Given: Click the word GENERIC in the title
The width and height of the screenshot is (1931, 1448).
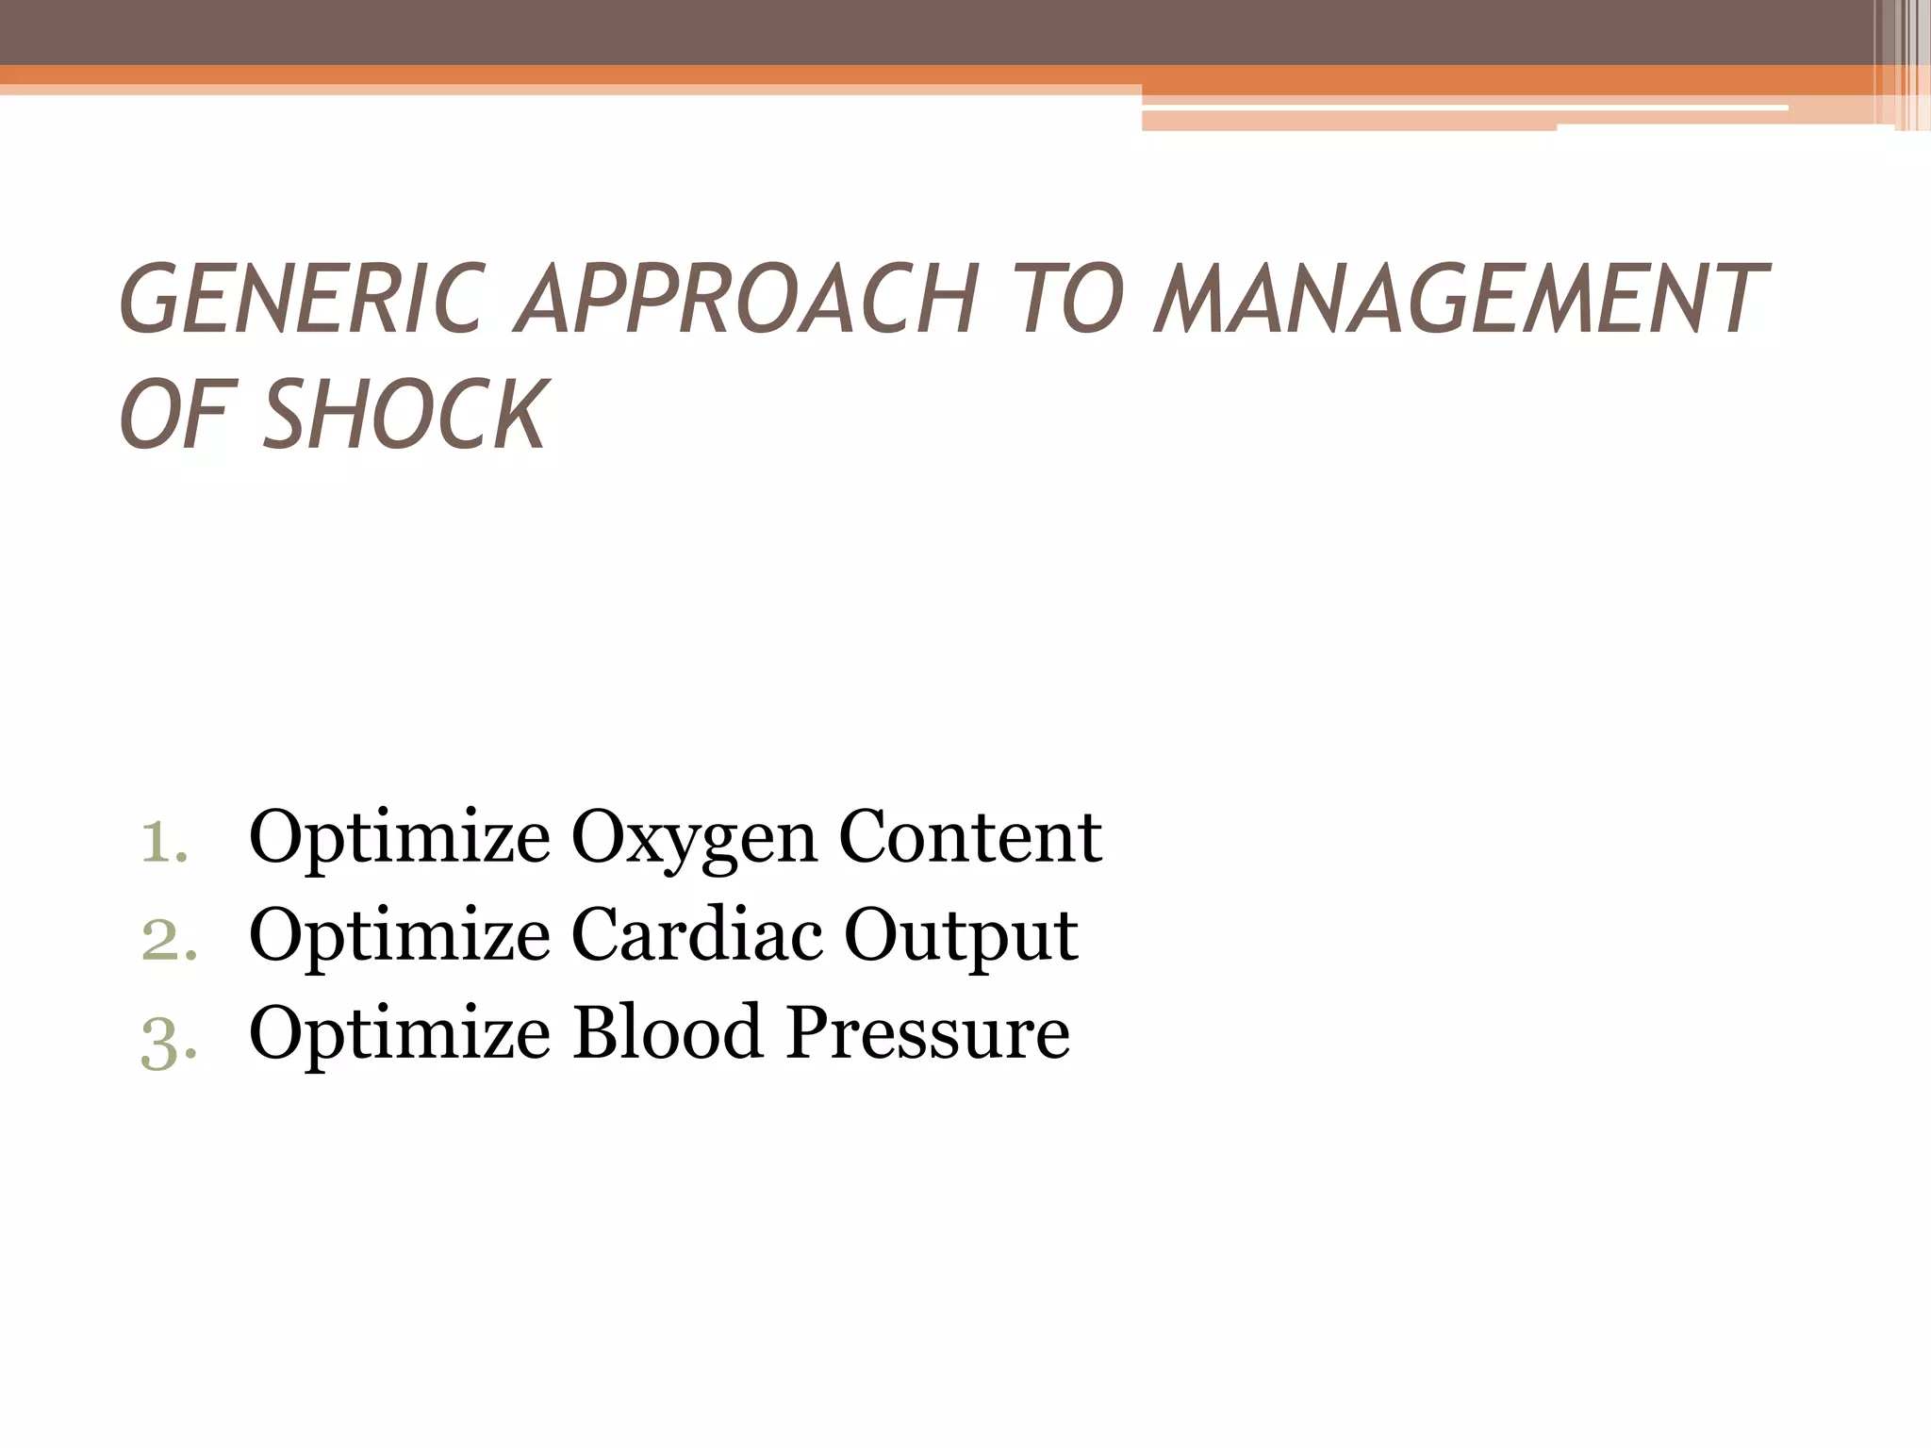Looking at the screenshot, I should (303, 299).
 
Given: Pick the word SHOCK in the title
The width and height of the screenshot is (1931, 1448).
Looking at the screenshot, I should (404, 414).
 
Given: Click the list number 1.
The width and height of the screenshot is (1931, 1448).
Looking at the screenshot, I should (164, 840).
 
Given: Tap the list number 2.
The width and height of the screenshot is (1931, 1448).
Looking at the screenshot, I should (168, 939).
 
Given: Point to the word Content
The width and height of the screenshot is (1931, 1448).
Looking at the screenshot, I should (969, 836).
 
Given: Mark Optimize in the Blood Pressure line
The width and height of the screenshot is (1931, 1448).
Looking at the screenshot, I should (400, 1035).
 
